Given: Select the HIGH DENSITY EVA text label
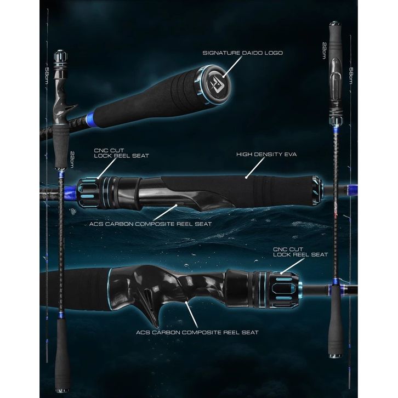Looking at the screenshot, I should pyautogui.click(x=266, y=155).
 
